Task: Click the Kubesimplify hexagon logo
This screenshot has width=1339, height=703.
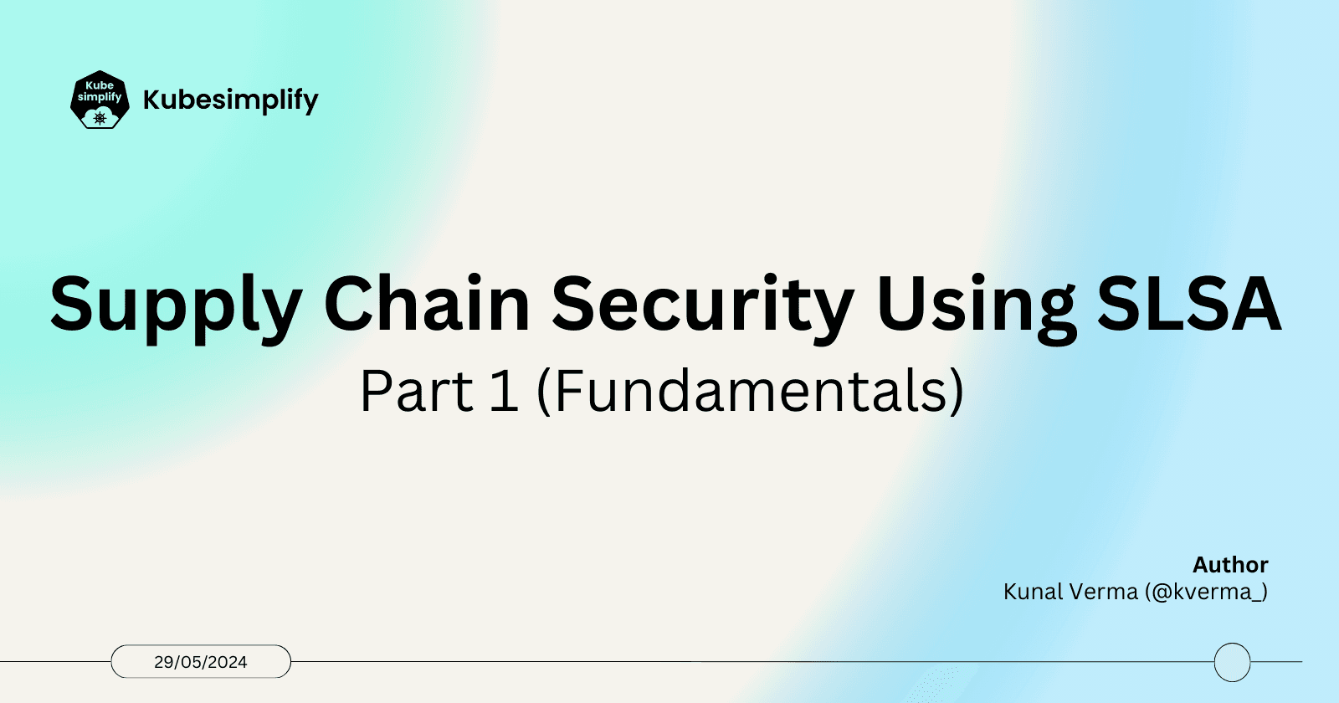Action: point(100,100)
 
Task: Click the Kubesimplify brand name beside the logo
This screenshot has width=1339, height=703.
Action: point(230,100)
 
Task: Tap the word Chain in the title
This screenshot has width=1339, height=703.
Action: point(427,303)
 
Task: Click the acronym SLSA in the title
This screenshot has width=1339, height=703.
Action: point(1189,303)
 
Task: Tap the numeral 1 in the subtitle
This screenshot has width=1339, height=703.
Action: point(504,392)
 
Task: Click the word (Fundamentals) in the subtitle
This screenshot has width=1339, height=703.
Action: point(750,392)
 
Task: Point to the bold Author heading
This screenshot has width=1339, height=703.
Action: point(1230,565)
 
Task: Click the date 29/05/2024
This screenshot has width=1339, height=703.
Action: point(201,662)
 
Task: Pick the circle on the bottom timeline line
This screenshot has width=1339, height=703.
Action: point(1232,662)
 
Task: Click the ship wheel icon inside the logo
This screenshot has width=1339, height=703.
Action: point(100,118)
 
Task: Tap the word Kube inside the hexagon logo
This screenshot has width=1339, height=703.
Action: point(100,85)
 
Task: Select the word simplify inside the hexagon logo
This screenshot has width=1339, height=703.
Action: point(100,97)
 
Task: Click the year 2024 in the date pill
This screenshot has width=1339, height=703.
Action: point(228,662)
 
